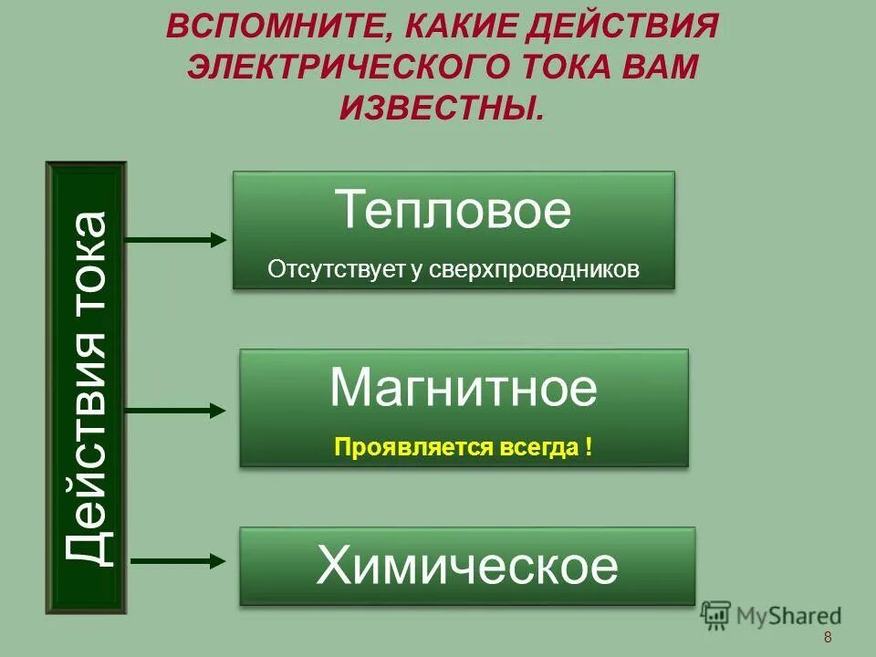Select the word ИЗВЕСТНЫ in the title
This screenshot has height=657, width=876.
click(441, 109)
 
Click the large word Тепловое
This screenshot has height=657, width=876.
click(454, 211)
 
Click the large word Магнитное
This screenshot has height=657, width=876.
click(464, 389)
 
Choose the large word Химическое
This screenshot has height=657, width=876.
click(467, 567)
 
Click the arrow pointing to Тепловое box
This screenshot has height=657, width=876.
click(174, 240)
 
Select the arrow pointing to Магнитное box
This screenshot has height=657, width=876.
click(174, 411)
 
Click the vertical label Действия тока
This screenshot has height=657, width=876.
click(87, 388)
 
